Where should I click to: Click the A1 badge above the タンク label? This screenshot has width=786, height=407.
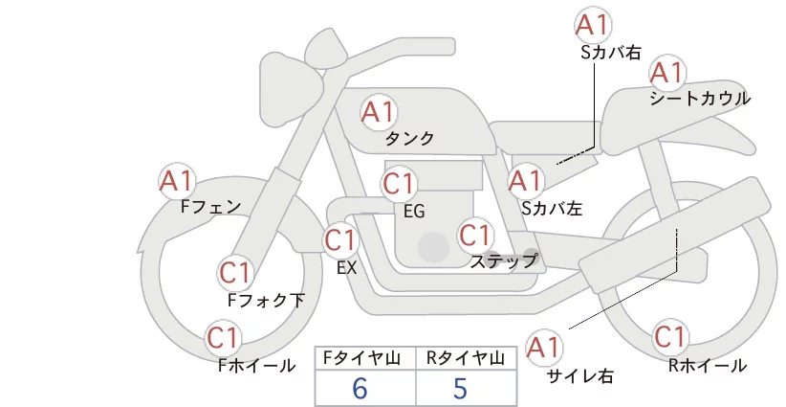point(379,112)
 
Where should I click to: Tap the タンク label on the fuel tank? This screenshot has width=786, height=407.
point(409,139)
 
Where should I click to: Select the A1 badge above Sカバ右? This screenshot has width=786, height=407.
point(593,24)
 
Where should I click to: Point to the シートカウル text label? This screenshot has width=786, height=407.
point(700,99)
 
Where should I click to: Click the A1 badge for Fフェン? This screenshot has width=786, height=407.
point(177,181)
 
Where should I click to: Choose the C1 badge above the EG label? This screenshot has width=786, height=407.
point(399,184)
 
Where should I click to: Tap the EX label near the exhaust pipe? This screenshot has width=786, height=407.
point(346,268)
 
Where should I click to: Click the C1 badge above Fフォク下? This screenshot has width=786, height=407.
point(235,273)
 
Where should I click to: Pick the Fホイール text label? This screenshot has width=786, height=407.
point(256,366)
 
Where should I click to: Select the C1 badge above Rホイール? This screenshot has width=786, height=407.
point(669,337)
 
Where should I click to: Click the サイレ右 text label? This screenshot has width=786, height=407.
point(580,376)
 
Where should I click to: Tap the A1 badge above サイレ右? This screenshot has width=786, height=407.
point(543,348)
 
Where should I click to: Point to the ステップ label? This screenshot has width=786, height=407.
point(503,261)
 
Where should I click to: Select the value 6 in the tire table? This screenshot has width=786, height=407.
point(360,388)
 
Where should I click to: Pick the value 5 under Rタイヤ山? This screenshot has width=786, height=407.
point(460,388)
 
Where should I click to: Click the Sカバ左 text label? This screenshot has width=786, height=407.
point(552,208)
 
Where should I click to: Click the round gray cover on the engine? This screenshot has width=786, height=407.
point(433,247)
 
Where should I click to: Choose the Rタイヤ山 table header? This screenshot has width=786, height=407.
point(466,358)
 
